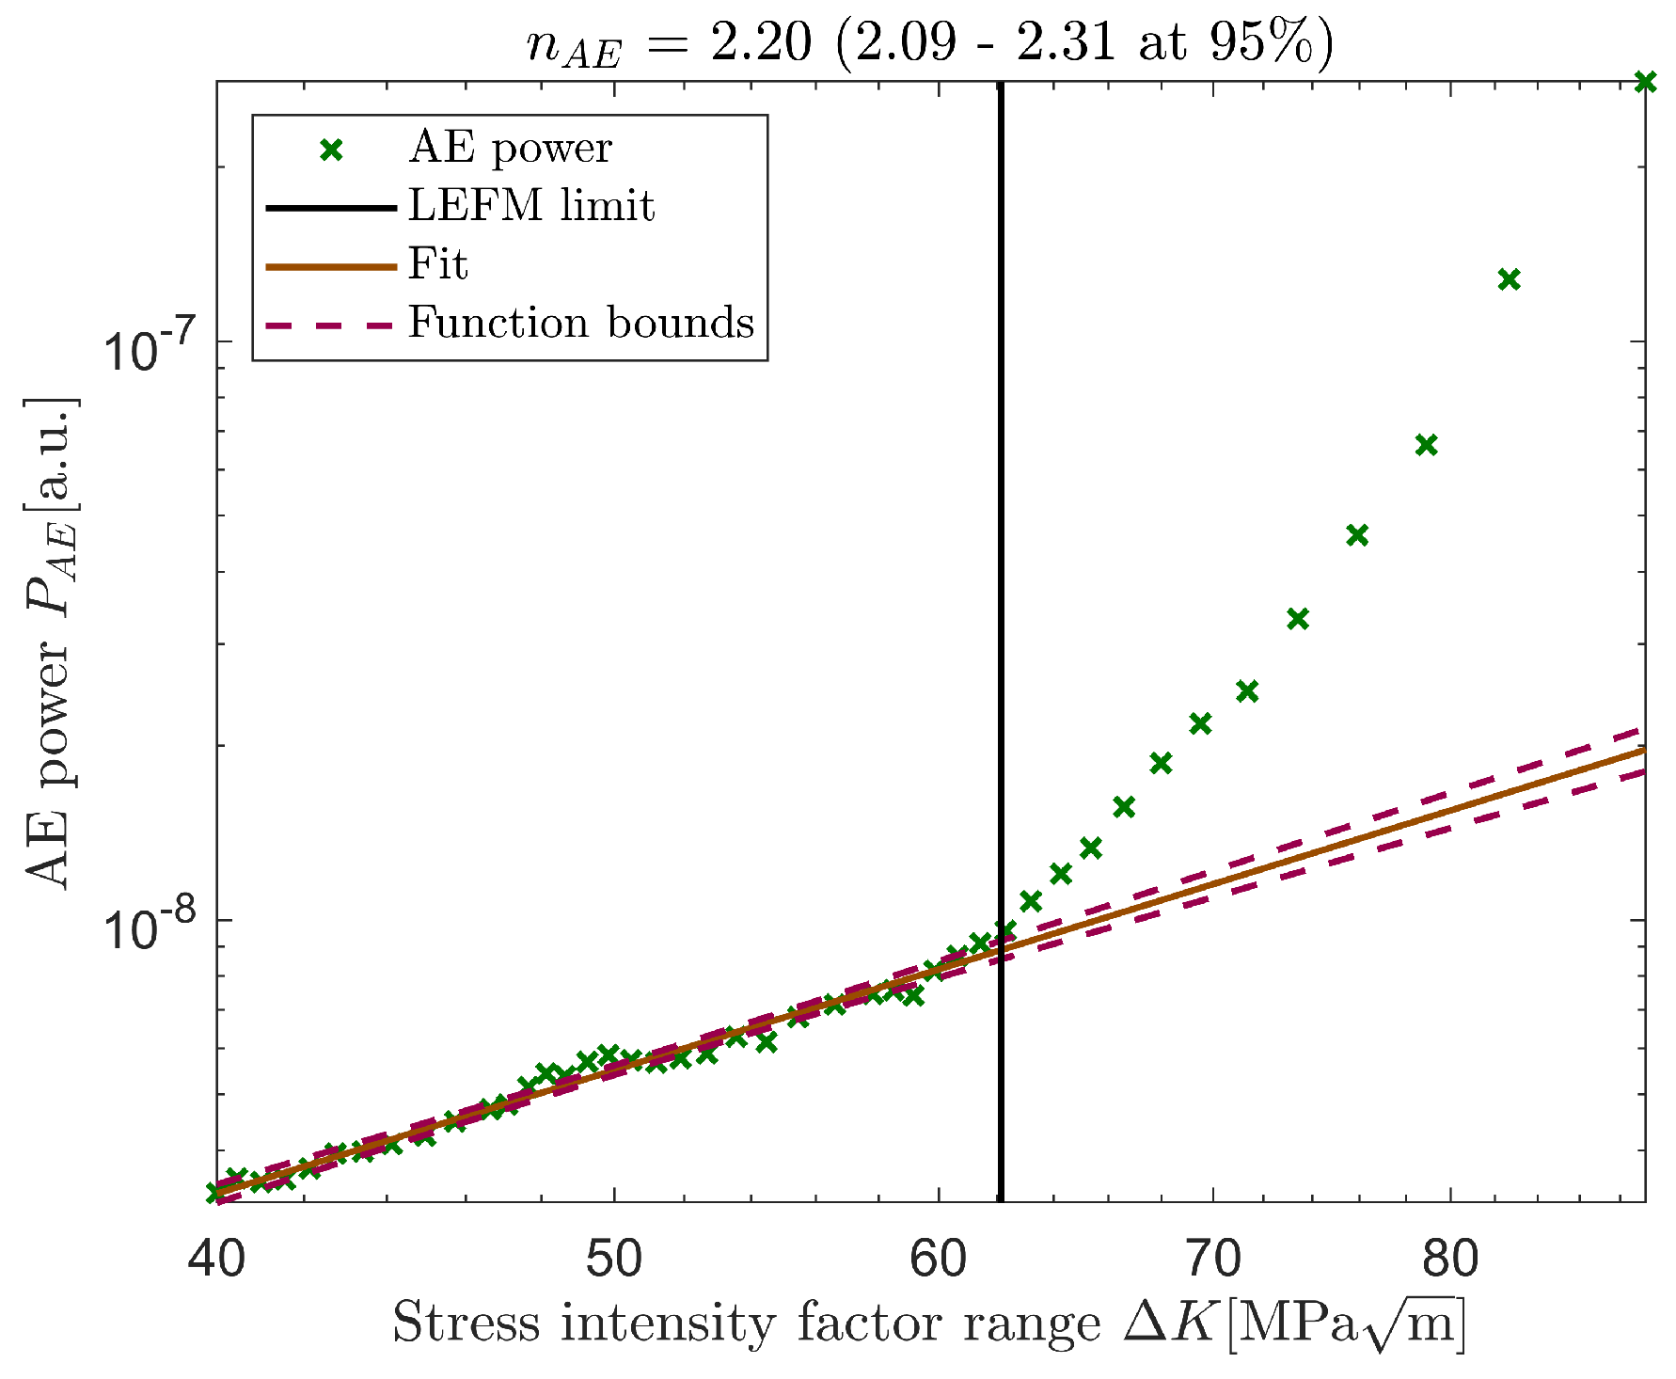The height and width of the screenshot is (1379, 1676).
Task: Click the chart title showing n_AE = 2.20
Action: point(928,43)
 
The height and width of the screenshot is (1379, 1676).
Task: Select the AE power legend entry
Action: point(509,149)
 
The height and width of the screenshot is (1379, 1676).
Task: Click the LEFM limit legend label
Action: point(530,206)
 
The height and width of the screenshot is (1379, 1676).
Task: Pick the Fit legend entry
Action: point(437,264)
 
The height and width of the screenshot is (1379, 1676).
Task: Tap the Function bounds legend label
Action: point(580,323)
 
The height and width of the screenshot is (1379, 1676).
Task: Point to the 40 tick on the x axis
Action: point(216,1259)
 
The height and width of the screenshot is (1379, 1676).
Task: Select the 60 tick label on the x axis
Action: point(938,1259)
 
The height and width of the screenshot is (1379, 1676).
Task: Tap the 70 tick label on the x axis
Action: point(1212,1259)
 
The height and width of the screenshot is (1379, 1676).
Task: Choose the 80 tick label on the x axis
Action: point(1450,1259)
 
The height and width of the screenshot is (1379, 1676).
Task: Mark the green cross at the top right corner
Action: point(1644,82)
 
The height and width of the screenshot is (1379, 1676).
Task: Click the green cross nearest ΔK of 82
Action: point(1509,279)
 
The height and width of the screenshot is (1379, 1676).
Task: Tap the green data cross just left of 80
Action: point(1426,445)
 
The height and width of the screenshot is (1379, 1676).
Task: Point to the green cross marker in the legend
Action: point(329,150)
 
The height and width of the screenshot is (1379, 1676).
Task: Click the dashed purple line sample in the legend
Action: point(329,324)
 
